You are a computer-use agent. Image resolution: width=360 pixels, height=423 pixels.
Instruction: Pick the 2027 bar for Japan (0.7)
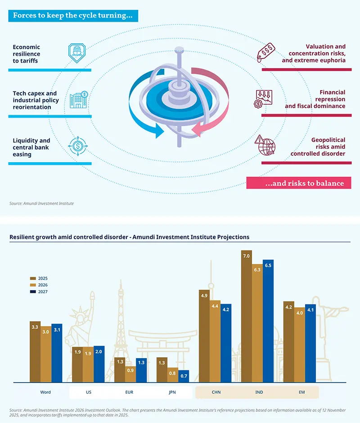pyautogui.click(x=184, y=377)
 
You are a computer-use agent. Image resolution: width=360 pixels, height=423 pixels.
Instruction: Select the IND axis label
pyautogui.click(x=259, y=392)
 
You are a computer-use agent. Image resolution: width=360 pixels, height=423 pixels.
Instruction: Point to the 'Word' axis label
pyautogui.click(x=45, y=392)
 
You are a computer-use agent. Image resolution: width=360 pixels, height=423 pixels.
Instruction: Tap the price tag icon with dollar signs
pyautogui.click(x=265, y=52)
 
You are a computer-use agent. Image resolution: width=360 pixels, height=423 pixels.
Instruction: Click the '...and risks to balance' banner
pyautogui.click(x=299, y=183)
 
